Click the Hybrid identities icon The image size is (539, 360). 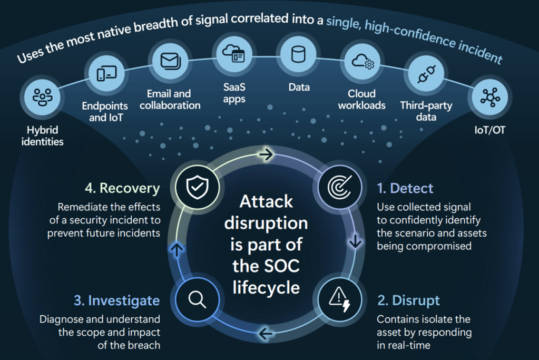click(x=40, y=98)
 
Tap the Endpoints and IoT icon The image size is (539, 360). click(x=103, y=74)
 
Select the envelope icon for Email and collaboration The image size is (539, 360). click(x=170, y=61)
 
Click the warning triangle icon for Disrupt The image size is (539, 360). click(x=337, y=299)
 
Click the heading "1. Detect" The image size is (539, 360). click(x=405, y=189)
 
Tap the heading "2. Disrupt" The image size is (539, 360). click(x=408, y=301)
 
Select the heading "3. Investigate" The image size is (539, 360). click(x=116, y=301)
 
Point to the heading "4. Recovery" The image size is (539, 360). click(x=122, y=189)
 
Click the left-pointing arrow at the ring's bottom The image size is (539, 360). click(x=266, y=333)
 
